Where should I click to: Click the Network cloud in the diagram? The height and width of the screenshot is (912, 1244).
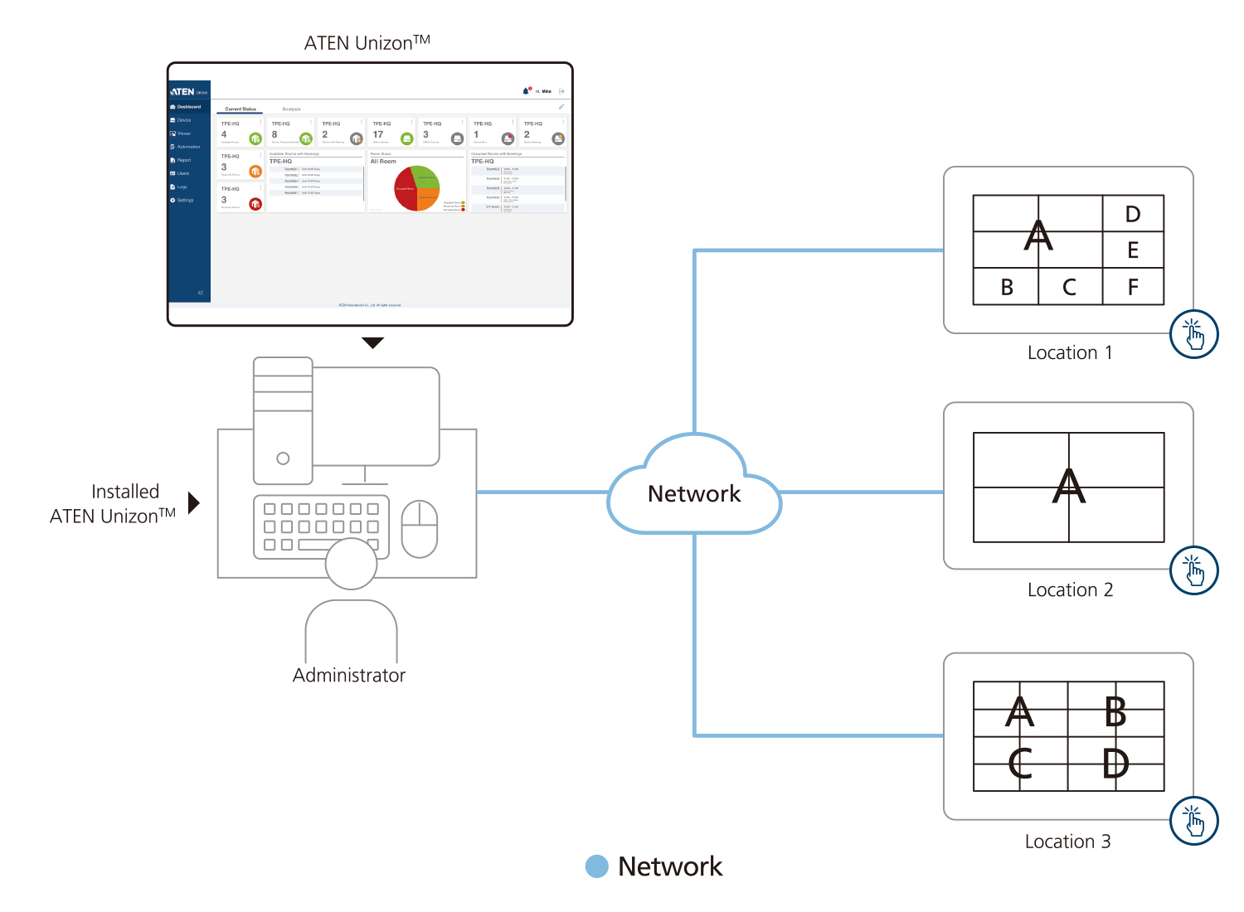(x=694, y=492)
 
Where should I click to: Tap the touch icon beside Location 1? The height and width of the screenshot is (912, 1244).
(x=1193, y=334)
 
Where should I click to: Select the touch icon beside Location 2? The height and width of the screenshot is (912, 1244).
(x=1193, y=570)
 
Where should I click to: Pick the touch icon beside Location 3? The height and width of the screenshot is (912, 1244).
(x=1193, y=821)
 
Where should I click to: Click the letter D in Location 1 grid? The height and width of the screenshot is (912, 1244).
(x=1133, y=215)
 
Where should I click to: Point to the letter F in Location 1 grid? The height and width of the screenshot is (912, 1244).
(x=1133, y=288)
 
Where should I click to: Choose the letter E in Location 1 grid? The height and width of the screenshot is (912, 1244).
(x=1133, y=250)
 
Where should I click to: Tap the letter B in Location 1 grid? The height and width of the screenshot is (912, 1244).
(x=1007, y=288)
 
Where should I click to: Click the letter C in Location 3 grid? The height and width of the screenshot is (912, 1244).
(x=1020, y=764)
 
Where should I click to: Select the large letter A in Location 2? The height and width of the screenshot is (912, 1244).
(x=1068, y=487)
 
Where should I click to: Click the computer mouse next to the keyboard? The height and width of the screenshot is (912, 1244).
(x=420, y=529)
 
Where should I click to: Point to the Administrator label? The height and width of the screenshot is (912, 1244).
(x=349, y=676)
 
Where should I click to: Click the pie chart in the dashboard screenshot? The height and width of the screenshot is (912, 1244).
(x=417, y=188)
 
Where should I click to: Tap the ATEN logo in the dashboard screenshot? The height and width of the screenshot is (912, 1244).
(x=183, y=92)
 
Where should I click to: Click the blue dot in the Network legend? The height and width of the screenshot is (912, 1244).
(x=596, y=866)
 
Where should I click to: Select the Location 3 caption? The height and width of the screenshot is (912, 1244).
(x=1067, y=842)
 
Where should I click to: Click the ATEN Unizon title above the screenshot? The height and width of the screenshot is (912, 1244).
(x=367, y=43)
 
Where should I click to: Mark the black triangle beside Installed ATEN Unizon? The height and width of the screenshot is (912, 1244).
(x=194, y=503)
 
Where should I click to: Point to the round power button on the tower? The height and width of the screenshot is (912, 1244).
(x=283, y=458)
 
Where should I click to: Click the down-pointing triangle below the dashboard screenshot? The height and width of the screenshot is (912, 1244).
(x=373, y=342)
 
